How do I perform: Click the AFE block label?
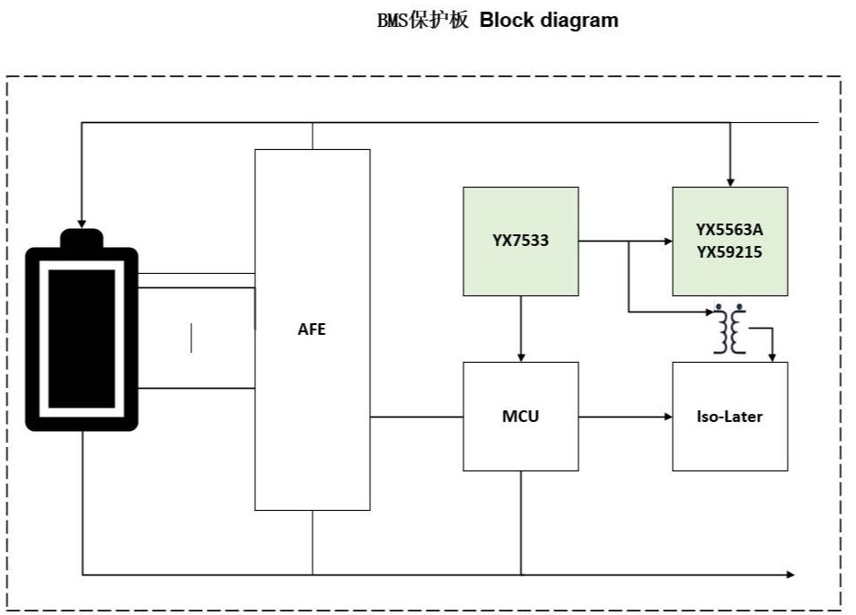pos(312,329)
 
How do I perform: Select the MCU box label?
pos(520,417)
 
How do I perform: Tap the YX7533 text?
pos(520,240)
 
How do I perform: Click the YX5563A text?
pos(729,229)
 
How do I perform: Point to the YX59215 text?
pos(729,252)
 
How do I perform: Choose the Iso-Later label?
pos(729,417)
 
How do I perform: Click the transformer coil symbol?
pos(730,329)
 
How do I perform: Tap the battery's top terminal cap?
pos(82,239)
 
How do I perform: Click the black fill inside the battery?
pos(82,338)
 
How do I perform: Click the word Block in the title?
pos(507,20)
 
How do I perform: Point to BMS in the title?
pos(393,21)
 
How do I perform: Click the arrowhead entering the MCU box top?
pos(521,357)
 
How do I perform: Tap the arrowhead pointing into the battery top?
pos(82,224)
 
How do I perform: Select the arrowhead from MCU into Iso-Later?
pos(668,417)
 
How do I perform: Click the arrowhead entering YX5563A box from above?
pos(730,183)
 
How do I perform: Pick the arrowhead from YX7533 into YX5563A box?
pos(668,241)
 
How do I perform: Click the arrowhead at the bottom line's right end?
pos(790,574)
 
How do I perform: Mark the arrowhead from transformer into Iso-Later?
pos(772,357)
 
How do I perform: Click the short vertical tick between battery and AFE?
pos(191,338)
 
